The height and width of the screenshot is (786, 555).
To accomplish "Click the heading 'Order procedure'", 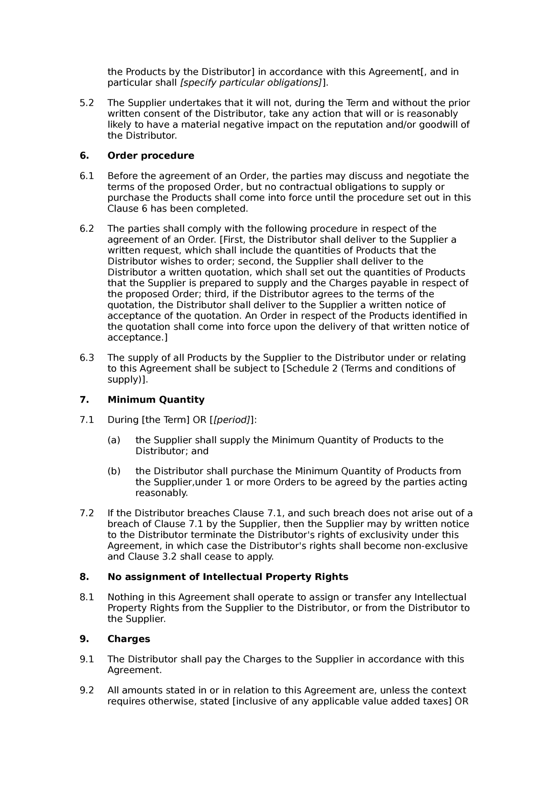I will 151,156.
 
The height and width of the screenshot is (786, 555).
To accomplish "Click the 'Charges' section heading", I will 129,639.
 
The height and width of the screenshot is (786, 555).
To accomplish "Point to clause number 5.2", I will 87,103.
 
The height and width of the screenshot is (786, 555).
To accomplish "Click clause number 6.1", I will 87,176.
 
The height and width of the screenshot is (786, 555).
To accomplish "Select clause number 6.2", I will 87,229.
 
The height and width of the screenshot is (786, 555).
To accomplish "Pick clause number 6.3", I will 87,358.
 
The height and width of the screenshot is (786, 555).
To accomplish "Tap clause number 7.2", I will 87,513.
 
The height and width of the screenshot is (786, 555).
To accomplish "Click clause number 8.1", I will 87,597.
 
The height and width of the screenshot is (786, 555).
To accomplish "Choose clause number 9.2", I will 87,690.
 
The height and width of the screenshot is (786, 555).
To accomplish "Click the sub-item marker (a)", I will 114,440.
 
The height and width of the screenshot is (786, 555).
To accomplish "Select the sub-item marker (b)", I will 114,471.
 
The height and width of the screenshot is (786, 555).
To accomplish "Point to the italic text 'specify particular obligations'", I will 251,83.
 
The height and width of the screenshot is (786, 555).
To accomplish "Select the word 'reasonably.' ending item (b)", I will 161,493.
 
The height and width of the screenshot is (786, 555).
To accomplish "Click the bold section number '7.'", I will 84,399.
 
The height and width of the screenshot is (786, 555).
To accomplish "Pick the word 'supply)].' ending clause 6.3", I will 128,380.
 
